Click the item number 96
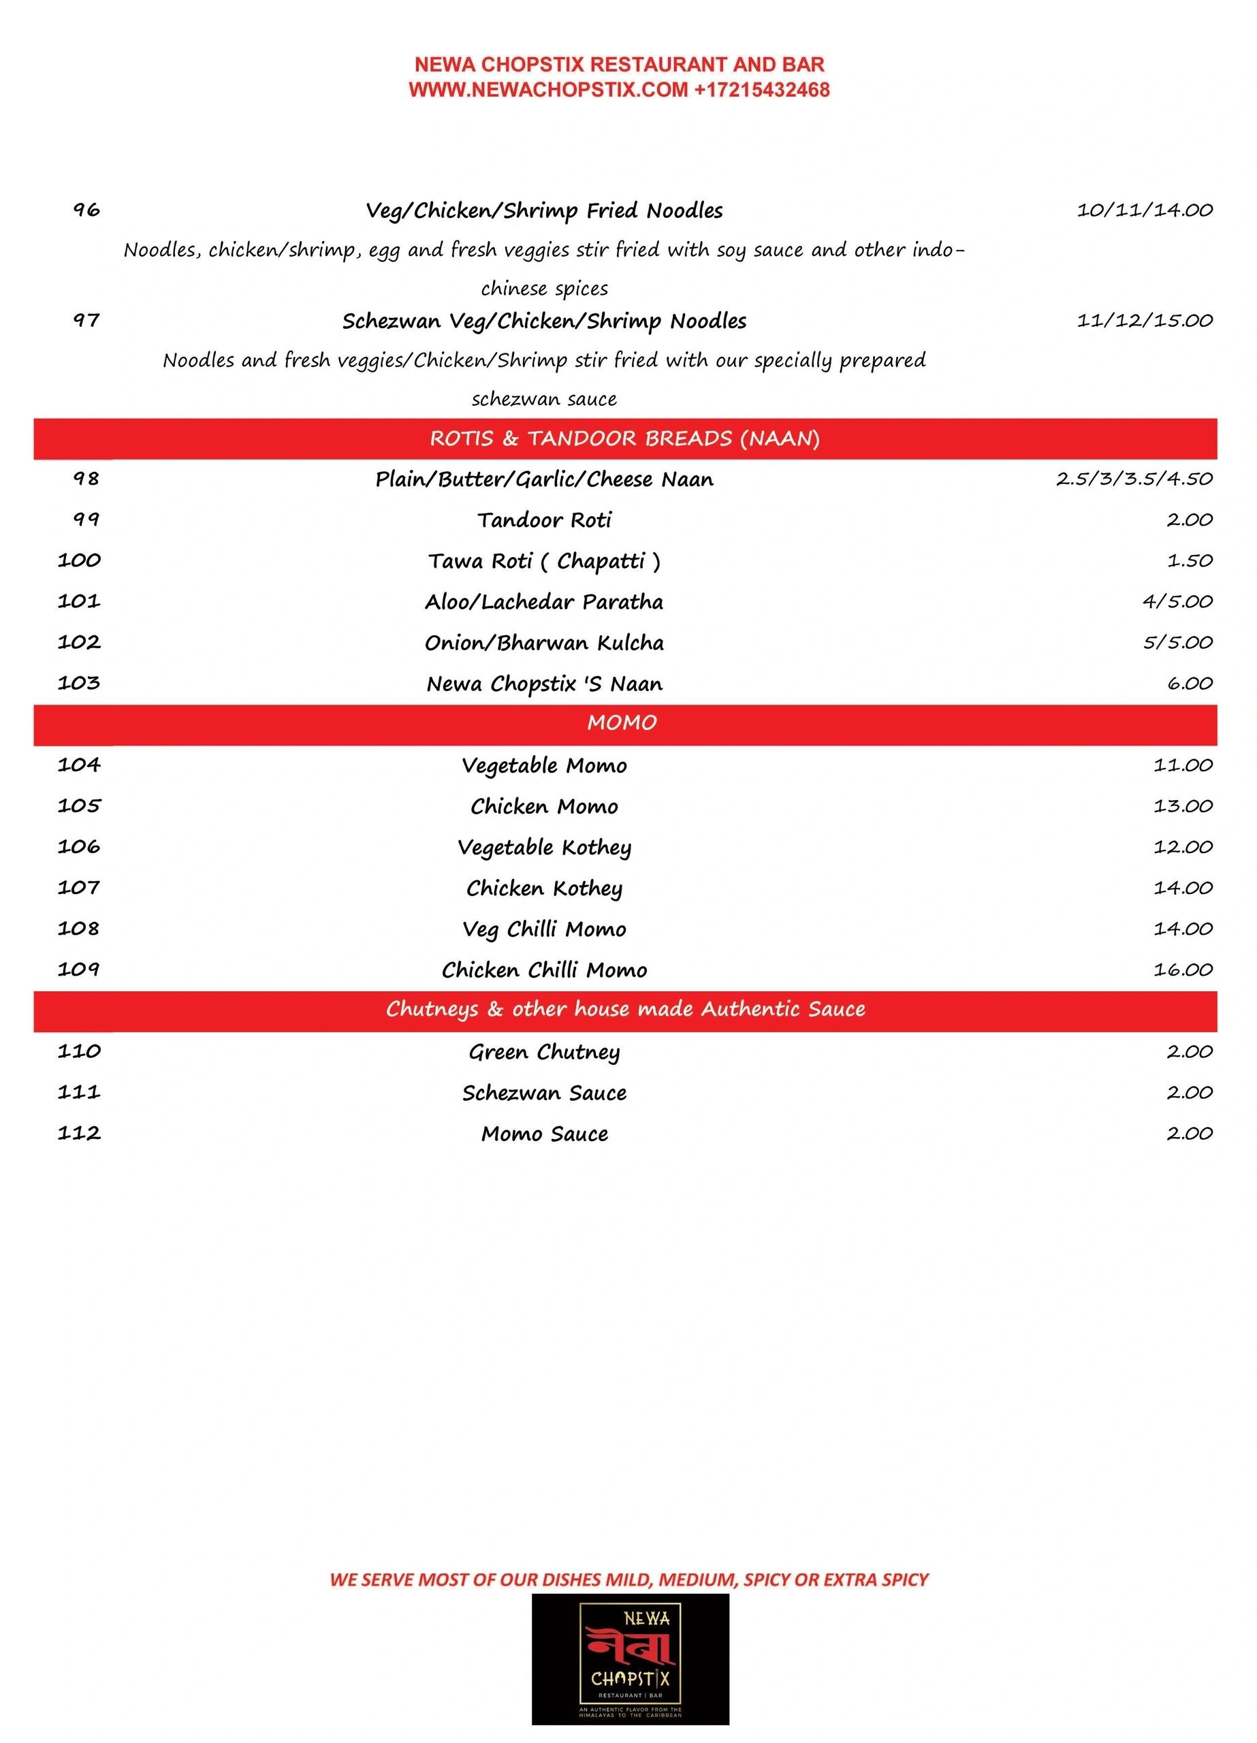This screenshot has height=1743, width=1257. tap(86, 210)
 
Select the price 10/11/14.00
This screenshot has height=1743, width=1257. tap(1144, 210)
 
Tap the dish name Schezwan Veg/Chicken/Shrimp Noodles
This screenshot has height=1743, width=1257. tap(544, 321)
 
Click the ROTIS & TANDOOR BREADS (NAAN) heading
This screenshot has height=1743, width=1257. tap(624, 439)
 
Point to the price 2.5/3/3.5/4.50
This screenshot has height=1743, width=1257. tap(1134, 479)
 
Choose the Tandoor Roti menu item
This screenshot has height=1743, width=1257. tap(544, 520)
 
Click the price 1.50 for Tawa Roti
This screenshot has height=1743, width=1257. tap(1190, 561)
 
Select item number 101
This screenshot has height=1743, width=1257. tap(79, 601)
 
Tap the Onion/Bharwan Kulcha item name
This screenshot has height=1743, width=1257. tap(544, 643)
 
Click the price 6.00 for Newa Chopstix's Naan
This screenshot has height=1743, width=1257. tap(1190, 683)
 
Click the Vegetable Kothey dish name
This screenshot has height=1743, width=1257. tap(544, 847)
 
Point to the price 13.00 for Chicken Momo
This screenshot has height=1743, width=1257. tap(1182, 806)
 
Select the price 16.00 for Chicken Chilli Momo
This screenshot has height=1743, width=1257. tap(1182, 970)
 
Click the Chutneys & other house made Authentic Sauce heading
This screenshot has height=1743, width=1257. tap(625, 1009)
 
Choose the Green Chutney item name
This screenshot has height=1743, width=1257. tap(544, 1051)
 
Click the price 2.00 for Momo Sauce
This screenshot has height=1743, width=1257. tap(1190, 1134)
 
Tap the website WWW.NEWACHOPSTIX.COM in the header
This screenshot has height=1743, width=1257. tap(548, 90)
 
